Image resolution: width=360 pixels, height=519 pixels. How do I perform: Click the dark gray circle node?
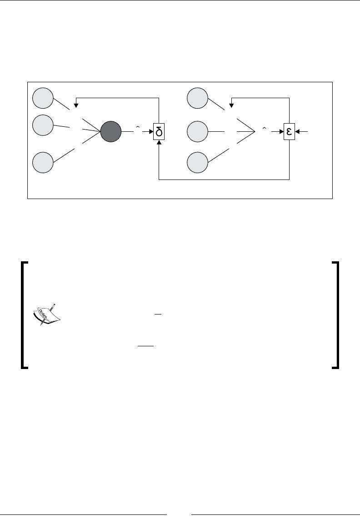point(111,132)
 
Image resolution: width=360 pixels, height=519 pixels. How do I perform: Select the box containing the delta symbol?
point(159,132)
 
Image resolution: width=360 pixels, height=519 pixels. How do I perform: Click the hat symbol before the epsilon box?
point(264,129)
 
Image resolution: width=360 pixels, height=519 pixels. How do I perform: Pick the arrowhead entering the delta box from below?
point(159,142)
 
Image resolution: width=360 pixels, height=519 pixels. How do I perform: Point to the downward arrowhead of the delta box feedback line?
point(76,105)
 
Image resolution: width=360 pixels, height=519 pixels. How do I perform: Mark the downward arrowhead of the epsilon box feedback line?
point(230,105)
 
